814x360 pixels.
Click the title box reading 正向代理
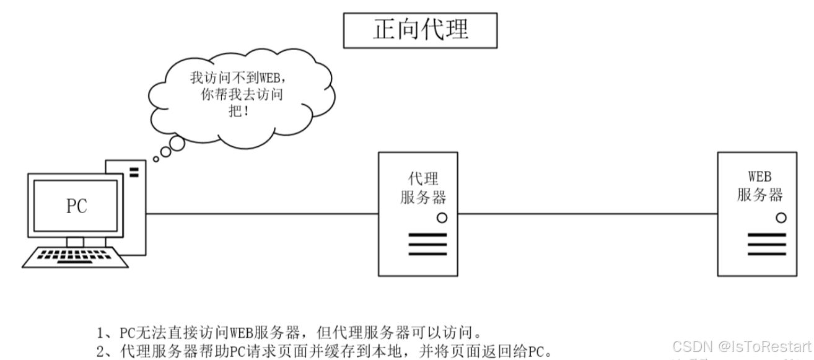pyautogui.click(x=421, y=29)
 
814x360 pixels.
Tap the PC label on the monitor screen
pyautogui.click(x=77, y=206)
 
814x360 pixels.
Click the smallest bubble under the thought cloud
pyautogui.click(x=156, y=159)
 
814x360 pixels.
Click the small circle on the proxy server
pyautogui.click(x=442, y=217)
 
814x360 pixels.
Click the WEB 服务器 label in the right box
pyautogui.click(x=759, y=187)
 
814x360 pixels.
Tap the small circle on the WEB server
pyautogui.click(x=781, y=217)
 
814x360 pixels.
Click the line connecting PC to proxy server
pyautogui.click(x=260, y=214)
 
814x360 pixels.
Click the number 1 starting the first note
pyautogui.click(x=101, y=330)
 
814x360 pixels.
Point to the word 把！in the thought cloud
pyautogui.click(x=241, y=112)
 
